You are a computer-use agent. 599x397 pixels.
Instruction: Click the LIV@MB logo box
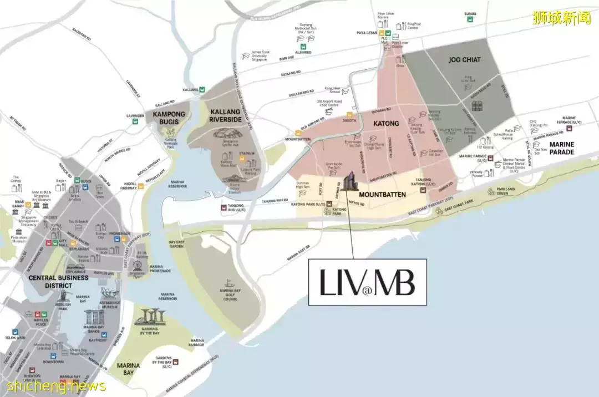367,282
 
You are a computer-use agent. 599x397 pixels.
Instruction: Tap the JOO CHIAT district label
464,59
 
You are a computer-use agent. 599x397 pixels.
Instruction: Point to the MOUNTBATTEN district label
383,195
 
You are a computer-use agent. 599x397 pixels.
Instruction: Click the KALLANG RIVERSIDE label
226,116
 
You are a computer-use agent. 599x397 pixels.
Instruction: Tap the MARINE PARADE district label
562,148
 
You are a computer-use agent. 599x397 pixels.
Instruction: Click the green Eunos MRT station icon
470,19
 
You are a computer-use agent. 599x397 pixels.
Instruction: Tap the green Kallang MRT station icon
202,89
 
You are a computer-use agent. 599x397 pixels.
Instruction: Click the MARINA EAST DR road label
299,256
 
